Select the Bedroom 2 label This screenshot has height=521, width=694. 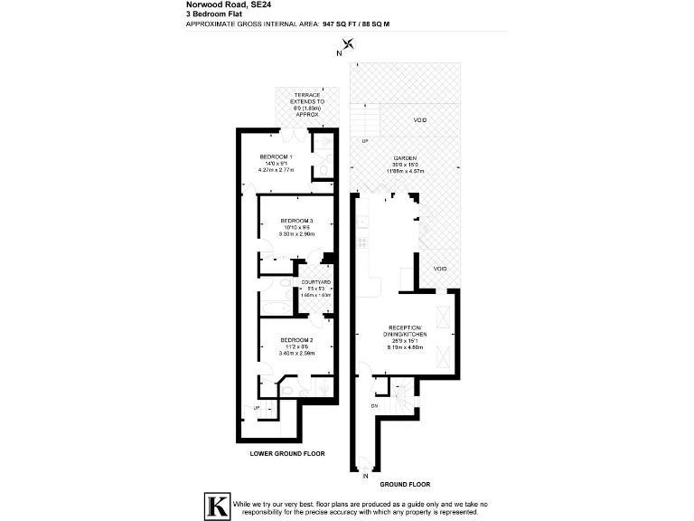click(296, 339)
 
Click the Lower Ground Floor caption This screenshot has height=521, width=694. click(286, 452)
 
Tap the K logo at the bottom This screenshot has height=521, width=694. click(216, 507)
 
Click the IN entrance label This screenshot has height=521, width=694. click(366, 475)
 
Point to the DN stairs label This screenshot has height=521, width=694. click(375, 405)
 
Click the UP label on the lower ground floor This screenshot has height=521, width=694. click(257, 408)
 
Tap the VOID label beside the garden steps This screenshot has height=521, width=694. click(420, 119)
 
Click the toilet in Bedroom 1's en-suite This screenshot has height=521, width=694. click(323, 168)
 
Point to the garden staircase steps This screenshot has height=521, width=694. click(365, 118)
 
